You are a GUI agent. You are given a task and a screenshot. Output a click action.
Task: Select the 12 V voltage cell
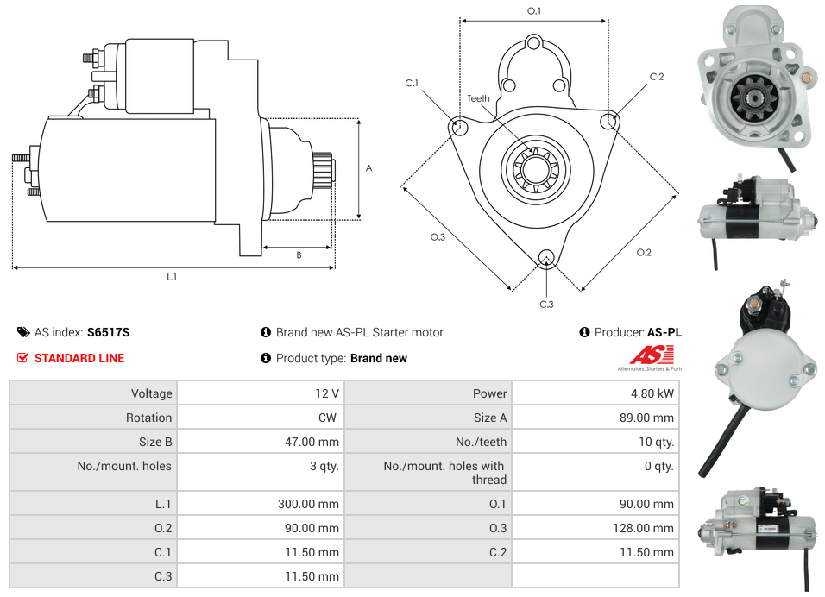coord(326,393)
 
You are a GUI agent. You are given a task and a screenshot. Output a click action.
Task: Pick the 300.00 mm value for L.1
coord(308,504)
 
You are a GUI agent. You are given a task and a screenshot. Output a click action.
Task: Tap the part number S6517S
coord(108,332)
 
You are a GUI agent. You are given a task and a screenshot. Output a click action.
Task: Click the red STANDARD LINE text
coord(79,358)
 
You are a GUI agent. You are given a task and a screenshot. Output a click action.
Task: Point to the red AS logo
coord(650,355)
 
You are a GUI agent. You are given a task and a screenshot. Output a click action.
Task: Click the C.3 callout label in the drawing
coord(546,304)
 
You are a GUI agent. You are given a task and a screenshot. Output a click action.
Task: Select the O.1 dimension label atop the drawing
coord(534,11)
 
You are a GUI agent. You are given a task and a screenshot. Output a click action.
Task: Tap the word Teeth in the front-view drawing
coord(478,98)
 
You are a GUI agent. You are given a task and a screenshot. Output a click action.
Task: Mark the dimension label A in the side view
coord(369,168)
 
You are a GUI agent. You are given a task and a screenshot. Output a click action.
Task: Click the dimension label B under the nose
coord(299,255)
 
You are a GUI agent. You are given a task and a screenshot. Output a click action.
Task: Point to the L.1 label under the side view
coord(172,277)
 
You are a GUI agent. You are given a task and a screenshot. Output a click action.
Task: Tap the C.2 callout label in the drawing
coord(656,77)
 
